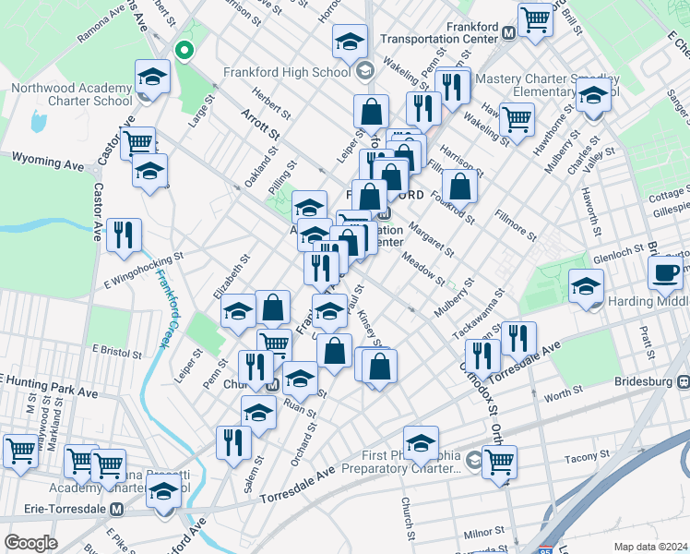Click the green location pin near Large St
(184, 51)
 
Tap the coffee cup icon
(663, 272)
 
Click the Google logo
(30, 543)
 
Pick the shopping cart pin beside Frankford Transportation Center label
(535, 19)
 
